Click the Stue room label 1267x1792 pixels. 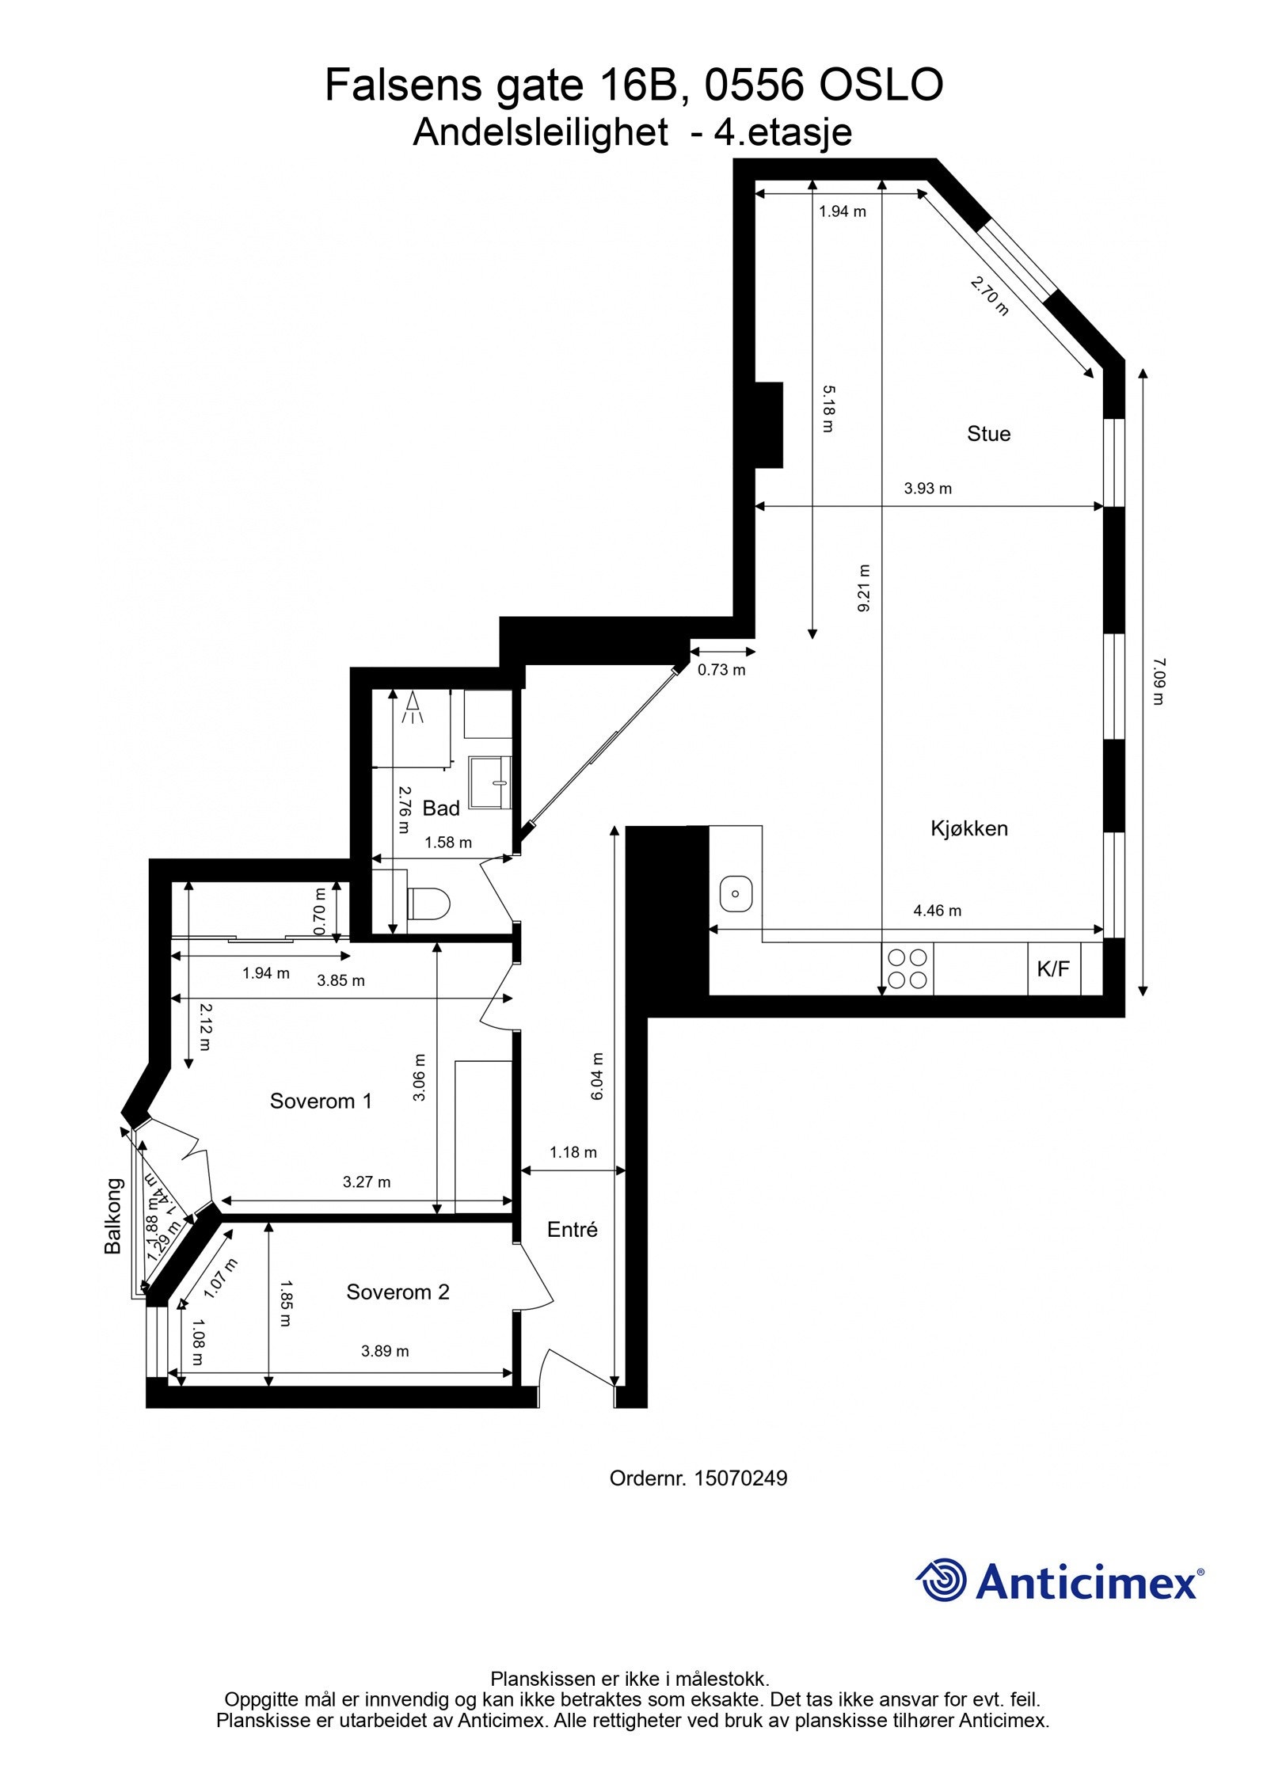click(988, 433)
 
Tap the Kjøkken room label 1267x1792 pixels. click(968, 828)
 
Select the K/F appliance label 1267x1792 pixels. click(1052, 968)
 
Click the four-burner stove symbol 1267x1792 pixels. click(907, 968)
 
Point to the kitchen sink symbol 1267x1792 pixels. click(736, 893)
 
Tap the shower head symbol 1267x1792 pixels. click(413, 707)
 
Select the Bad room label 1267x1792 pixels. click(441, 808)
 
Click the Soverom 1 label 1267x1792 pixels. click(321, 1101)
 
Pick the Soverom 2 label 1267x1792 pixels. click(398, 1292)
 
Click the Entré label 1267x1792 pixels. click(572, 1229)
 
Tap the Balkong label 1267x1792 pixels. click(113, 1216)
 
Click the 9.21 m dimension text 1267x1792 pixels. click(864, 588)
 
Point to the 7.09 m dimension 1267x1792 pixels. click(1159, 681)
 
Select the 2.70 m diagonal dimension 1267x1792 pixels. click(991, 295)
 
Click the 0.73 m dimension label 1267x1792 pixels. click(721, 670)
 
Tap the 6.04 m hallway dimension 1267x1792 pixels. click(598, 1076)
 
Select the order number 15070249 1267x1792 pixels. click(740, 1478)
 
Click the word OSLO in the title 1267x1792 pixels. click(881, 86)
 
